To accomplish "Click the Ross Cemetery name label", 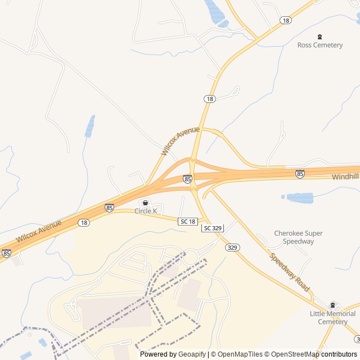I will click(x=319, y=45).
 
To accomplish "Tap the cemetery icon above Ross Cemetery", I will click(x=320, y=37).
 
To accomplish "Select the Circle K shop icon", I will click(x=145, y=203).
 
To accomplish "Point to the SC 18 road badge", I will click(x=188, y=222).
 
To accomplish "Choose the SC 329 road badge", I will click(x=213, y=228).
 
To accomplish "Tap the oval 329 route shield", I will click(x=231, y=247).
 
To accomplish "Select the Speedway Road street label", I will click(x=290, y=272).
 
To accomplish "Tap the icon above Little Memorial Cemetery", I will click(x=332, y=305).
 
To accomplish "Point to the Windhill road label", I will click(x=345, y=177).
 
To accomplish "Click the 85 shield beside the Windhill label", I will click(x=300, y=174).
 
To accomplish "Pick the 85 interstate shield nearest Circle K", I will click(x=109, y=208).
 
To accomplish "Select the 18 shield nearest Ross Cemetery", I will click(x=286, y=20).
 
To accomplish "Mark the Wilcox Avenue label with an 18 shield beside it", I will click(x=39, y=231).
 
